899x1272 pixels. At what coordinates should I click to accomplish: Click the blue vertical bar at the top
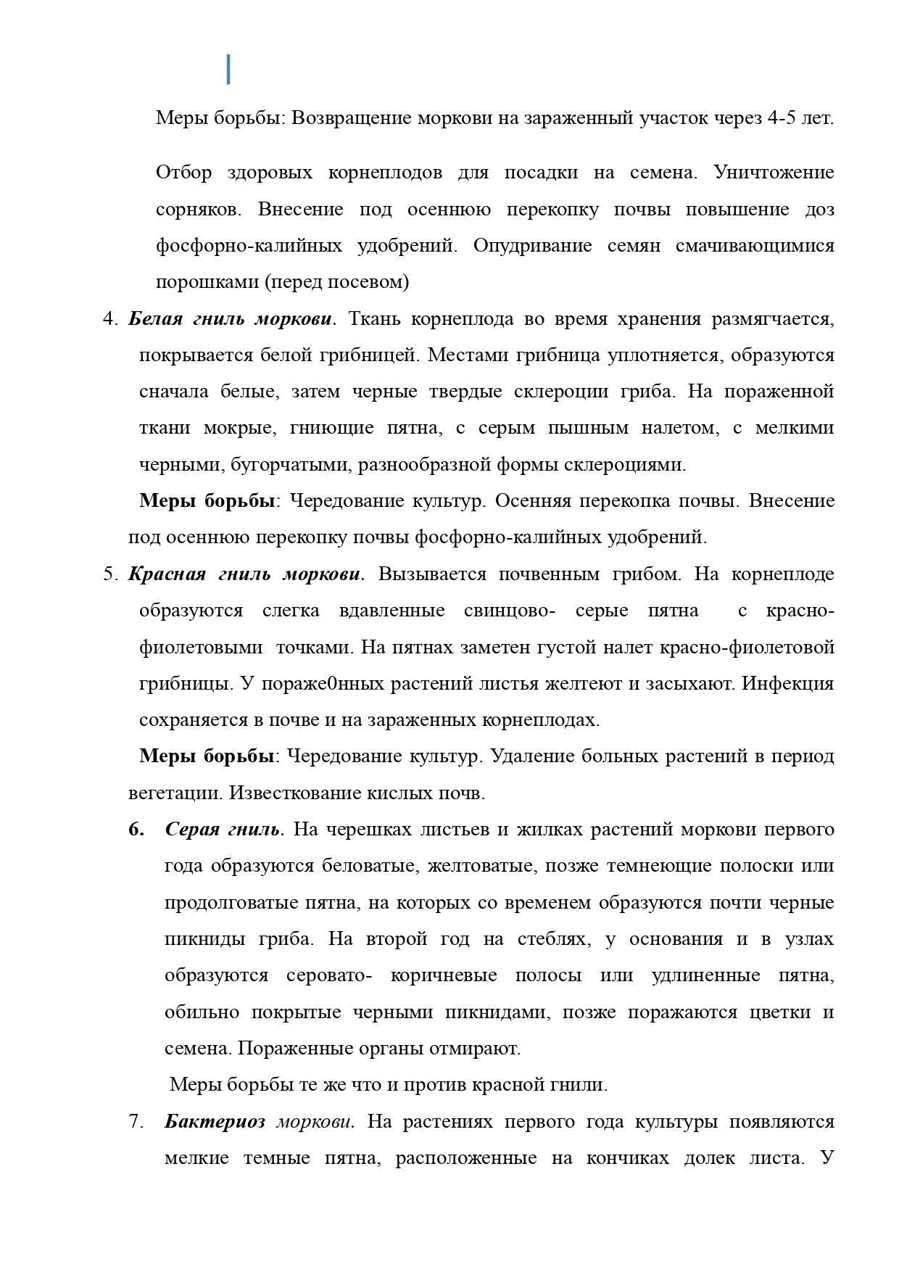pyautogui.click(x=228, y=69)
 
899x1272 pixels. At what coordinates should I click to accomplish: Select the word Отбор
pyautogui.click(x=183, y=173)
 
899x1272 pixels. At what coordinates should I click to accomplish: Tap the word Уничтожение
pyautogui.click(x=774, y=173)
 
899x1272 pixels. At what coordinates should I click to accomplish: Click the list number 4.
pyautogui.click(x=109, y=319)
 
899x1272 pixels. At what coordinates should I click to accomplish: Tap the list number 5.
pyautogui.click(x=109, y=574)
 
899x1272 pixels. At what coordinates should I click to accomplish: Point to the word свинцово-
pyautogui.click(x=510, y=611)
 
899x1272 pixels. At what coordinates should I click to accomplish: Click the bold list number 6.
pyautogui.click(x=136, y=830)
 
